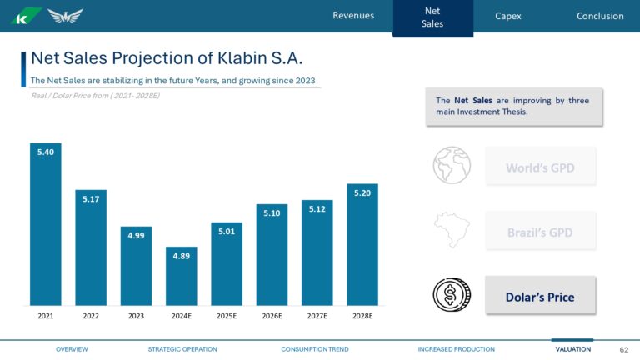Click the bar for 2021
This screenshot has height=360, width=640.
pyautogui.click(x=45, y=225)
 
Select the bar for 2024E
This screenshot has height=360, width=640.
pyautogui.click(x=181, y=276)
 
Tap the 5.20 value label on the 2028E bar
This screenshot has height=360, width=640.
pyautogui.click(x=362, y=193)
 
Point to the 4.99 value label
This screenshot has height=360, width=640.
pyautogui.click(x=136, y=236)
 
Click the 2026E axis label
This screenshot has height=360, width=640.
pyautogui.click(x=272, y=317)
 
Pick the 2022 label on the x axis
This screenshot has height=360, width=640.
pyautogui.click(x=91, y=317)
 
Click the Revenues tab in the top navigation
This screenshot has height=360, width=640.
pyautogui.click(x=353, y=16)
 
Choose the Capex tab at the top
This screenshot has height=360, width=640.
pyautogui.click(x=507, y=16)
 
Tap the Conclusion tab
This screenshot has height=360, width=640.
pyautogui.click(x=600, y=16)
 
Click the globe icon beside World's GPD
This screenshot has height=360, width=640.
pyautogui.click(x=452, y=165)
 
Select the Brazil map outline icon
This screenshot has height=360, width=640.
pyautogui.click(x=451, y=230)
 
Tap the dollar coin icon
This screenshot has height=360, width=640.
pyautogui.click(x=451, y=295)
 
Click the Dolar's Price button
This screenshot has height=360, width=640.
pyautogui.click(x=540, y=296)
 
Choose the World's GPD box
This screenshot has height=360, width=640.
pyautogui.click(x=540, y=167)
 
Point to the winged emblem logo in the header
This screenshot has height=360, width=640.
pyautogui.click(x=65, y=16)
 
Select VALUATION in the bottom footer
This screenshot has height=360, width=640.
pyautogui.click(x=572, y=349)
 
